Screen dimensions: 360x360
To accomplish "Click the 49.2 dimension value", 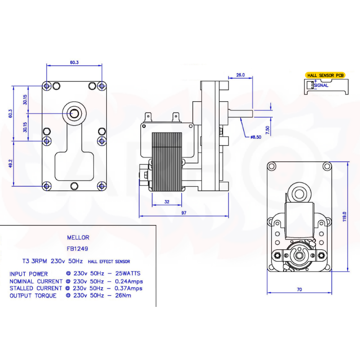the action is [10, 163].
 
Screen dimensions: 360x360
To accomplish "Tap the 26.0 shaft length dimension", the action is [240, 75].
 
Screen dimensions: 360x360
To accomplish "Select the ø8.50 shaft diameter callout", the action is [256, 137].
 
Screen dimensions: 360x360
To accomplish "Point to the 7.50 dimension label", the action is [267, 130].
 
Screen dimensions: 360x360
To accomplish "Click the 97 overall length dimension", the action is [184, 213].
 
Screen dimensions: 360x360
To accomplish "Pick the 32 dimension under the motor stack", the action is [167, 202].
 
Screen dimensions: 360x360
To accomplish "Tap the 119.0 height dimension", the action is [344, 216].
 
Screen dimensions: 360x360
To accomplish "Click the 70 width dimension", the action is [299, 289].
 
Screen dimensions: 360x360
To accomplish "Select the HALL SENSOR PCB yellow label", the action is [325, 75].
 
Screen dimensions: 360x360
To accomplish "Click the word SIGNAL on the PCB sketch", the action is [321, 85].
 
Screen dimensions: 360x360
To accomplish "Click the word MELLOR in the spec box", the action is [78, 238].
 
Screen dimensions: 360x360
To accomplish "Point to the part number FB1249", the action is [77, 249].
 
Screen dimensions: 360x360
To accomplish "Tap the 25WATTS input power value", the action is [128, 274].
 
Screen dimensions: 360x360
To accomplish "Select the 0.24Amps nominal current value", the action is [129, 282].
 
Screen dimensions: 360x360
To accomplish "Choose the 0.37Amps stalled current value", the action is [128, 288].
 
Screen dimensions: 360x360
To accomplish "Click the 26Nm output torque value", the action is [123, 296].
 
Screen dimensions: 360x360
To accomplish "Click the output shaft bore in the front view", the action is [74, 113].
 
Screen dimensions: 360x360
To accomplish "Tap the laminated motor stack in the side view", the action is [167, 162].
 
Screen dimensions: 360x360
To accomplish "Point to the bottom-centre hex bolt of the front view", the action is [74, 186].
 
